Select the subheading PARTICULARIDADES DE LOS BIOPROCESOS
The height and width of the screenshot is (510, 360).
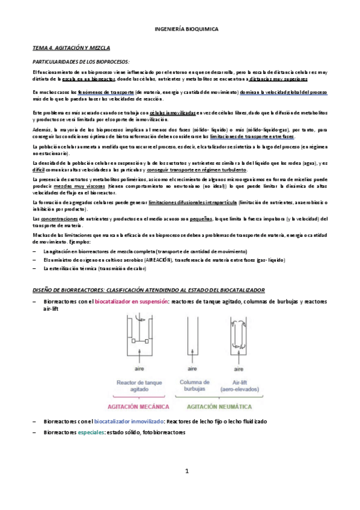pos(81,62)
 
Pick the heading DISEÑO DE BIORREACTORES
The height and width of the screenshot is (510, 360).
pos(153,290)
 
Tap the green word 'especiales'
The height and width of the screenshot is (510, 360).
pos(90,432)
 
